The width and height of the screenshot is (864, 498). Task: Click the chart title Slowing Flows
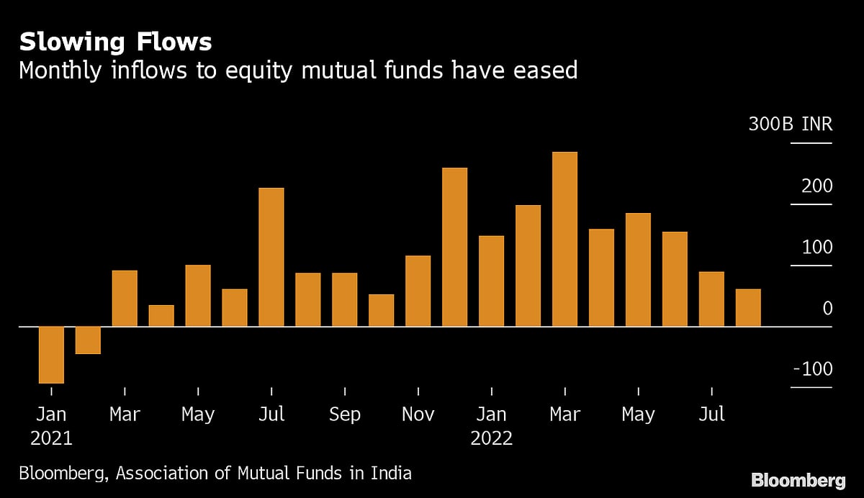[115, 42]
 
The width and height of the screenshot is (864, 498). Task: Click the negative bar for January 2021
[51, 355]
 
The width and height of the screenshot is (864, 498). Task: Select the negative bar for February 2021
[88, 340]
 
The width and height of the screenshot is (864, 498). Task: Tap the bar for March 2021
[125, 299]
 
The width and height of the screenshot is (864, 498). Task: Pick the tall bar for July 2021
[271, 257]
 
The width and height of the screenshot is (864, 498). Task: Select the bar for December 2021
[454, 247]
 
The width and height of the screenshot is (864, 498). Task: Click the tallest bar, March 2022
[564, 239]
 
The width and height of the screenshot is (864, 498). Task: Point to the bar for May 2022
[638, 270]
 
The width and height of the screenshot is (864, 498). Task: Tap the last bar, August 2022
[748, 308]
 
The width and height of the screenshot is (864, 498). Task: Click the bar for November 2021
[418, 291]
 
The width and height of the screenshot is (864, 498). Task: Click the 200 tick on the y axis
[817, 186]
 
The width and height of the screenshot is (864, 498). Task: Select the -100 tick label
[812, 369]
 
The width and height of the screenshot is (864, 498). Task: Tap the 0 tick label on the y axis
[827, 308]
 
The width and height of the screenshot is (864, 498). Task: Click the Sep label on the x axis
[345, 415]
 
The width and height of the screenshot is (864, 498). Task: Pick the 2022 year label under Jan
[491, 438]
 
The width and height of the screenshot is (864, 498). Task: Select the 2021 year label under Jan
[51, 438]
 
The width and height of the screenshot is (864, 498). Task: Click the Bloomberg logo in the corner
[798, 481]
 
